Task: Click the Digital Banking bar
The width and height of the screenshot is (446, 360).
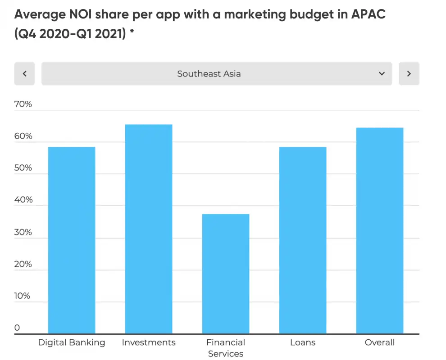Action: click(72, 240)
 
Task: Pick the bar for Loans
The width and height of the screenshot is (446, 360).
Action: click(303, 240)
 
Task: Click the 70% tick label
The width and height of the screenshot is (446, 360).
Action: click(23, 104)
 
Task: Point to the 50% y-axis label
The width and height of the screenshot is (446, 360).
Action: click(23, 168)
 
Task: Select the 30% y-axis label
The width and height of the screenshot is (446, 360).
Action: click(23, 232)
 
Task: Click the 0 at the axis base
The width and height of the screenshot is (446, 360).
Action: click(17, 328)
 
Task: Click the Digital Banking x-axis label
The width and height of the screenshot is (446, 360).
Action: click(72, 342)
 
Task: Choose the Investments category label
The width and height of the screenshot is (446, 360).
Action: click(149, 342)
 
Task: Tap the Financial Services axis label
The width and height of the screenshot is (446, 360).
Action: click(226, 348)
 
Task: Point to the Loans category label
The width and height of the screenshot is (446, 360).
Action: click(303, 342)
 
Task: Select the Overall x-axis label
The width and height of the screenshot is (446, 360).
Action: click(380, 342)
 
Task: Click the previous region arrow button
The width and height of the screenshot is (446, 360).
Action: click(25, 73)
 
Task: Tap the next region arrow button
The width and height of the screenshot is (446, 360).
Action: click(409, 73)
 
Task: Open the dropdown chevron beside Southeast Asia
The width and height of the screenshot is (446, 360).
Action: click(382, 73)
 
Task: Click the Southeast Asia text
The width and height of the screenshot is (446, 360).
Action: click(209, 73)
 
